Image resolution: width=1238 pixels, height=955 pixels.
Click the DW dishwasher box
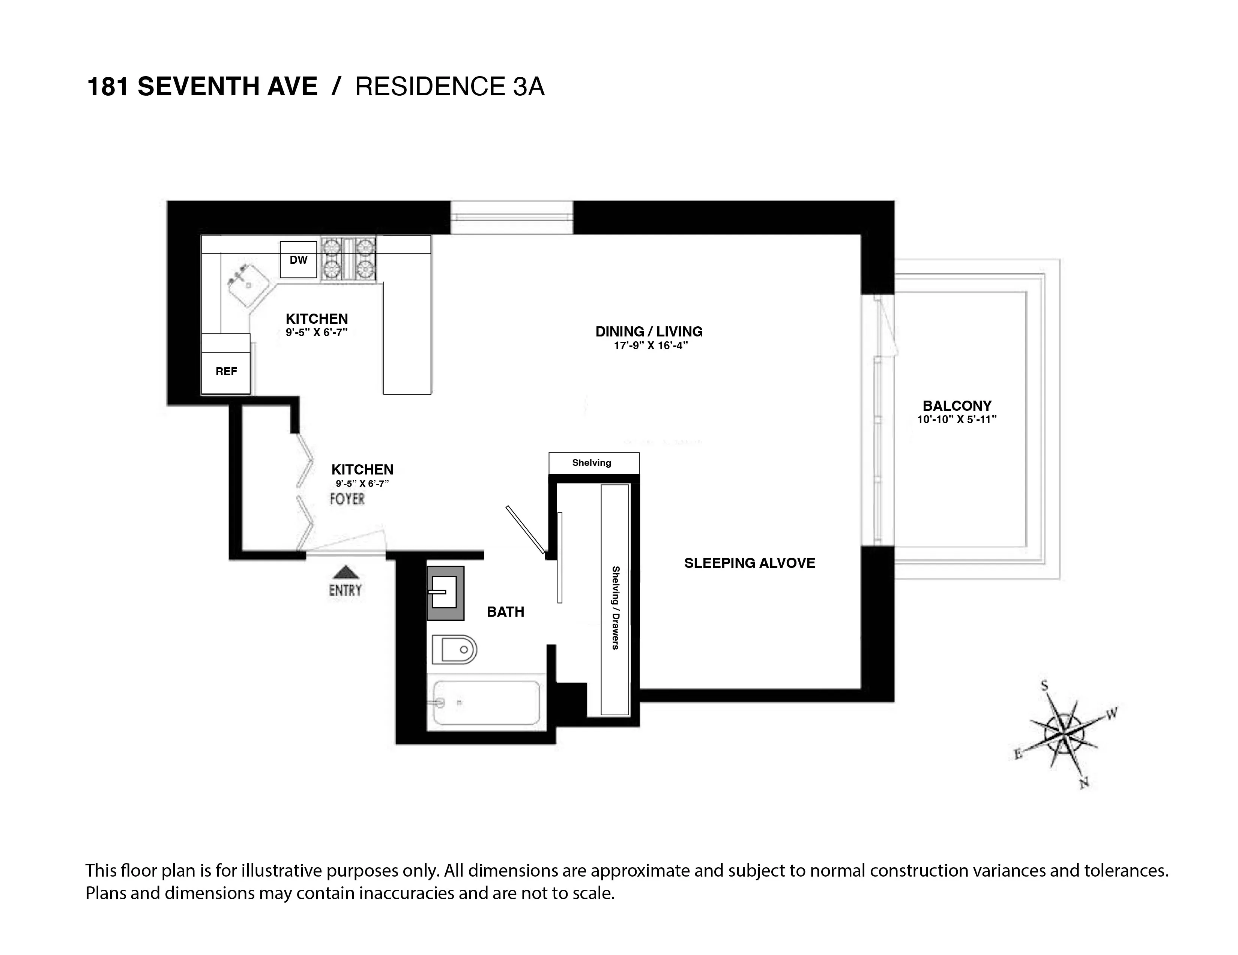[298, 260]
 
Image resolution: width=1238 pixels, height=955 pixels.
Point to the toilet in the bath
[454, 650]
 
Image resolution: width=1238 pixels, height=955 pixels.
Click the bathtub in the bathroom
[486, 703]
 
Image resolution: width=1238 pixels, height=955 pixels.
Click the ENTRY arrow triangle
[345, 572]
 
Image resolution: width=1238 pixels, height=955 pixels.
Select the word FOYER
[347, 499]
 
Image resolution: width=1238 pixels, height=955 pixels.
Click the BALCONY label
[957, 406]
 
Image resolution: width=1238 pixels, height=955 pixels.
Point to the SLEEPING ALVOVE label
[750, 563]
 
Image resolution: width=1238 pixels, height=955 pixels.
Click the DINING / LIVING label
[649, 332]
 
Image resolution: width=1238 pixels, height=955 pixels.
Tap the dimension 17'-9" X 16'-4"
[650, 346]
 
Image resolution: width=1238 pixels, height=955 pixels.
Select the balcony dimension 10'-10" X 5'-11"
[957, 420]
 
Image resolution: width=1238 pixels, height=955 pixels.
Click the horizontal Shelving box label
[591, 463]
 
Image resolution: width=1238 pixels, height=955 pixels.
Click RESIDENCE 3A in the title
[449, 87]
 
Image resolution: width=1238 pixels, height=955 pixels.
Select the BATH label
[505, 611]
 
